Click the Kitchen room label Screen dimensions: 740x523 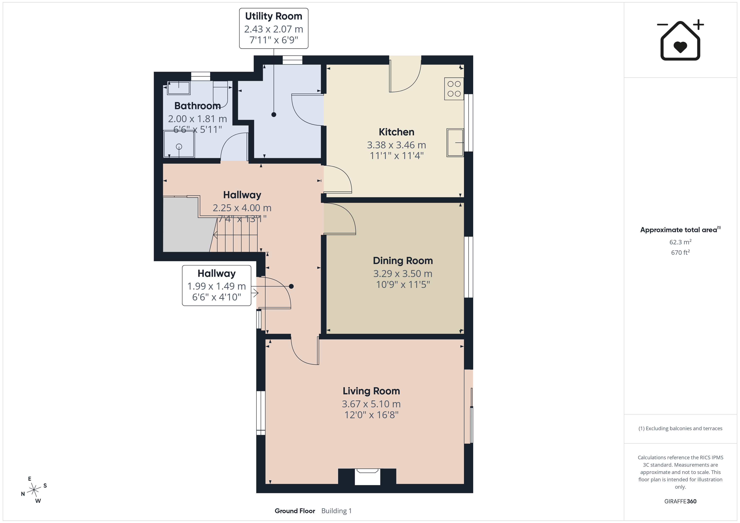[396, 132]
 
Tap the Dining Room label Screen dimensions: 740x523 [403, 260]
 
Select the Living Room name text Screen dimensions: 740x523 [371, 391]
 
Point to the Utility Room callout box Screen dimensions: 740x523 [274, 28]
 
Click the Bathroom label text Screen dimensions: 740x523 [198, 106]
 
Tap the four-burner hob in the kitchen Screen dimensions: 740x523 [454, 89]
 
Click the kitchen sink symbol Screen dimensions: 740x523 [455, 143]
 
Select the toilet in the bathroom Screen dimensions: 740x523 [220, 94]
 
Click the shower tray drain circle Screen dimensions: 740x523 [179, 146]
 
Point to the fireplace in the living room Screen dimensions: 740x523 [367, 477]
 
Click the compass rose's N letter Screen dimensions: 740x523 [23, 494]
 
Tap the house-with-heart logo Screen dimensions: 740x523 [680, 40]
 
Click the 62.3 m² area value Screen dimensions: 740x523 [680, 242]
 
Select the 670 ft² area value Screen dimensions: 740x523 [680, 252]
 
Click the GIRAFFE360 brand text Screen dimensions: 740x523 [680, 501]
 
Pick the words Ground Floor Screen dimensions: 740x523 [295, 511]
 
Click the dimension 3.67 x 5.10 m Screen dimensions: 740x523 [371, 404]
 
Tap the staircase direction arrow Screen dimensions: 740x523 [235, 236]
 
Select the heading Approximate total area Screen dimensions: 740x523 [679, 230]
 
